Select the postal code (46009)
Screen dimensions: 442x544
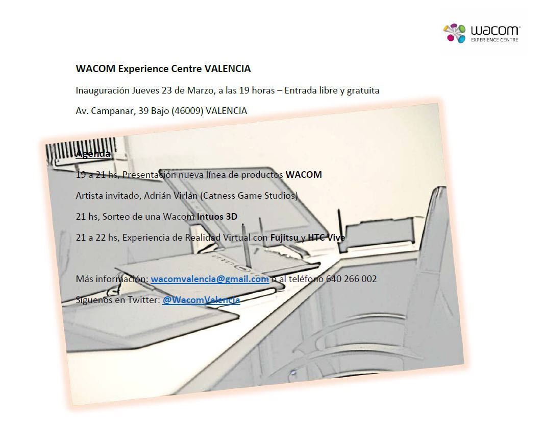[x=186, y=110]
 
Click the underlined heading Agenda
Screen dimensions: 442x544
[x=93, y=154]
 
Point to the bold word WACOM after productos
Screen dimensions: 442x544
[x=304, y=175]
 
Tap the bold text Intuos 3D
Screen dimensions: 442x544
[x=217, y=217]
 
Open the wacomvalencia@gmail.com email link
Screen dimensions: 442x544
[x=210, y=279]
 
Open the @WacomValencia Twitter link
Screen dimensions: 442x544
[x=201, y=300]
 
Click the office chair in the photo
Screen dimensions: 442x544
[x=408, y=286]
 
